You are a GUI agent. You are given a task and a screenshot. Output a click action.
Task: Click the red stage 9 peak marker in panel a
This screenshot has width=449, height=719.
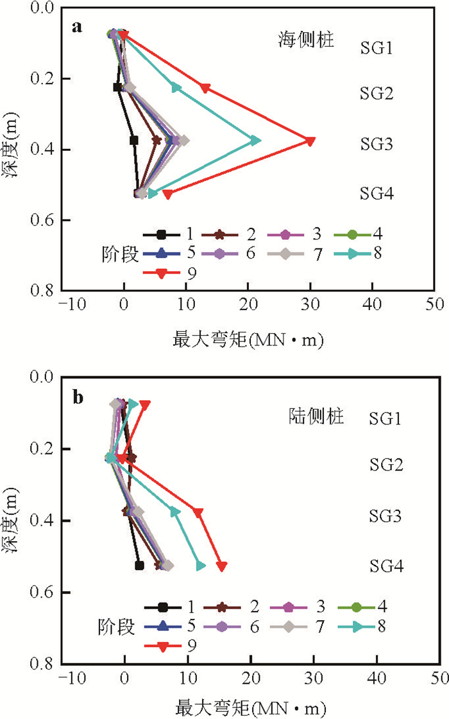pos(310,141)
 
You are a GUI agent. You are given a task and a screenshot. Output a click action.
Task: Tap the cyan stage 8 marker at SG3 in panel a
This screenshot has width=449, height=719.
pos(255,141)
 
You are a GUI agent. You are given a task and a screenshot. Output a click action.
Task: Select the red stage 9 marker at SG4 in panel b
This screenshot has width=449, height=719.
pos(222,566)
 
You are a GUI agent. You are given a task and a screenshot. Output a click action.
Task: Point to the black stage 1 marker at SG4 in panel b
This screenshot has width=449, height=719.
pos(139,566)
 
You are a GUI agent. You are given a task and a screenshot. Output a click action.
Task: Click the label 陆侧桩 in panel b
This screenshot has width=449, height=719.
pos(314,417)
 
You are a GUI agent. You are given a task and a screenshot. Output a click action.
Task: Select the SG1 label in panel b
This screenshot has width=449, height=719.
pos(389,419)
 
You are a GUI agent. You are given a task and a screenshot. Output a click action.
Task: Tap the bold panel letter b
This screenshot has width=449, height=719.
pos(78,399)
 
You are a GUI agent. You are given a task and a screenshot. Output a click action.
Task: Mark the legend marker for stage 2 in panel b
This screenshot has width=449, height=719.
pos(224,605)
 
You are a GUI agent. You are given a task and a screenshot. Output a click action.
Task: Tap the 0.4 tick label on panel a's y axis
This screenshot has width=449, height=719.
pos(42,150)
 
